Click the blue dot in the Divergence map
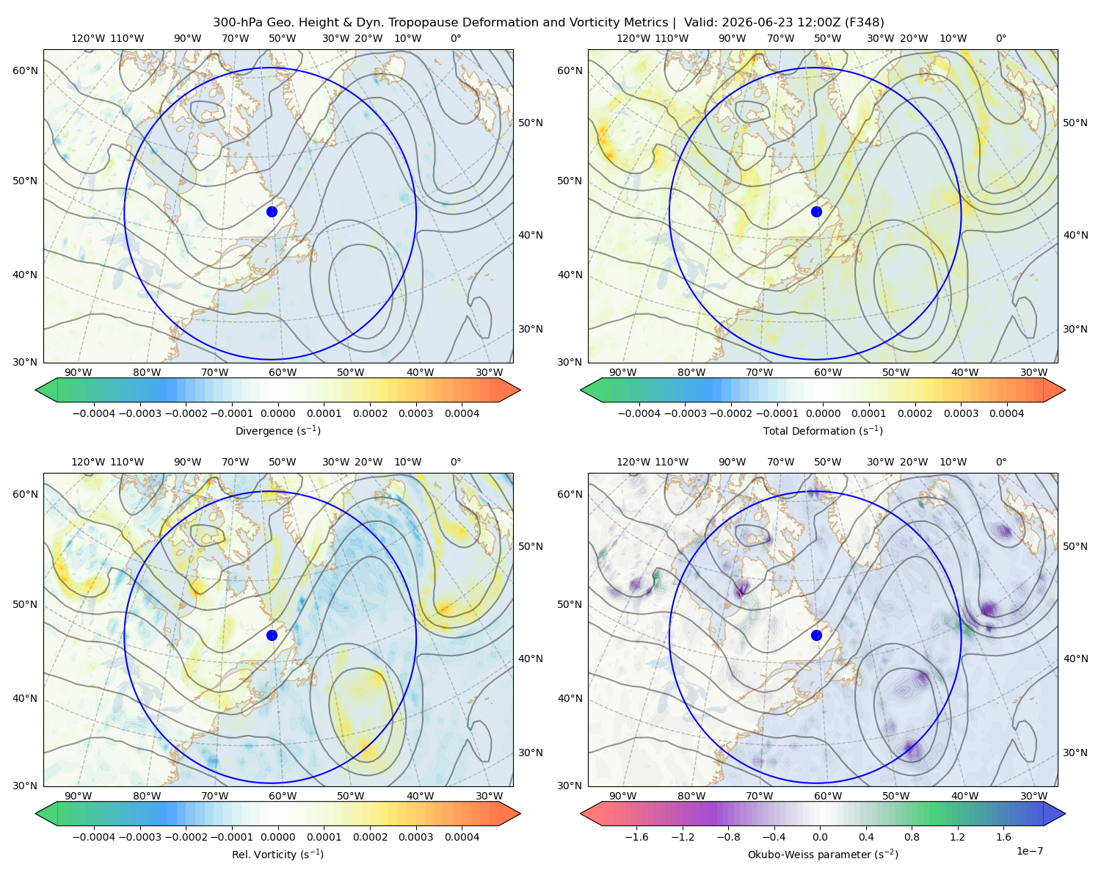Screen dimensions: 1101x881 point(272,212)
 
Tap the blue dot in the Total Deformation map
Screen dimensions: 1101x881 point(816,212)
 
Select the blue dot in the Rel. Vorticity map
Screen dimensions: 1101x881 point(272,635)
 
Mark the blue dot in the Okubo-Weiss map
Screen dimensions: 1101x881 point(816,635)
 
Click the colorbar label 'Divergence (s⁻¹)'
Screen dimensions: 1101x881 point(277,431)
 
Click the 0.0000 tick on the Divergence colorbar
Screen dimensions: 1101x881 point(277,413)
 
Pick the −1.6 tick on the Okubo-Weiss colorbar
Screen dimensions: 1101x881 point(636,837)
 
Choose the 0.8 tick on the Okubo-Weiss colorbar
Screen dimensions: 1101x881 point(912,837)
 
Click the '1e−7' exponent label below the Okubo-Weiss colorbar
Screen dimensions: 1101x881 point(1029,852)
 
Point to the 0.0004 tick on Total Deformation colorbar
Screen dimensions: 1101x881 point(1007,413)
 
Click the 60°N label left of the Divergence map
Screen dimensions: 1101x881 point(25,70)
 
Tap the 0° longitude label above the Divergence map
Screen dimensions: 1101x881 point(456,38)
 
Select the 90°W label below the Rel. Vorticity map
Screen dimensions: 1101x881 point(79,796)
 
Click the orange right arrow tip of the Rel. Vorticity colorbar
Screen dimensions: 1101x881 point(520,813)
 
